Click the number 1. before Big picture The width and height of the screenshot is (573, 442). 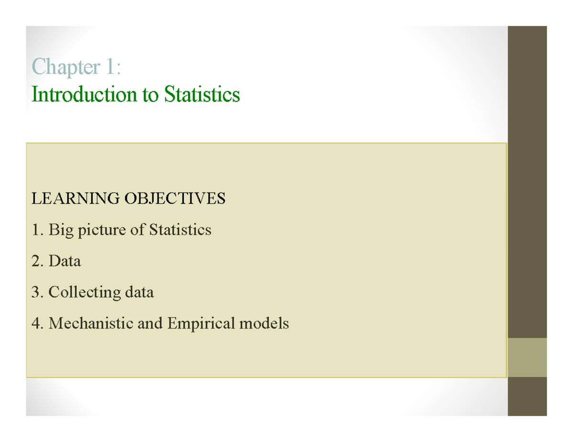(37, 230)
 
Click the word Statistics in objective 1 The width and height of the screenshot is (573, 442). (180, 230)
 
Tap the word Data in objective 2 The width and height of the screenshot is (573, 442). (64, 261)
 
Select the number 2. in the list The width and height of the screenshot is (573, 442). (37, 261)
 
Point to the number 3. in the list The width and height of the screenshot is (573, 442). (37, 292)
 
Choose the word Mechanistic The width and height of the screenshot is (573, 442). (91, 324)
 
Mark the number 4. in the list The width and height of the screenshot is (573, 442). (37, 324)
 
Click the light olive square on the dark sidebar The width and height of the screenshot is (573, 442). (527, 358)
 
